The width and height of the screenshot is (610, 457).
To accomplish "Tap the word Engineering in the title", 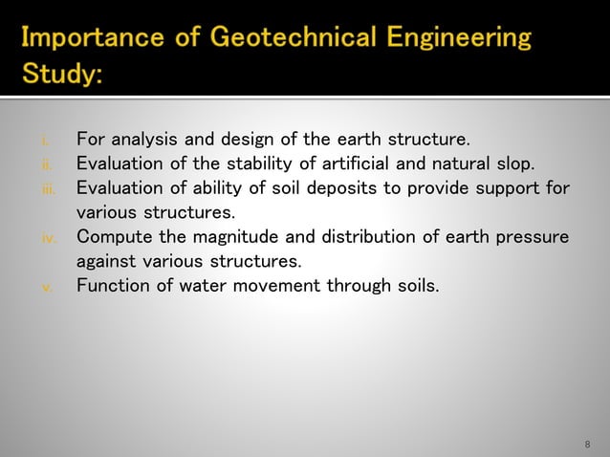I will tap(457, 39).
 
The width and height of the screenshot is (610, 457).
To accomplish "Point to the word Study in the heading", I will tap(62, 73).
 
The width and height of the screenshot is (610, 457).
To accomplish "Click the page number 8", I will tap(586, 445).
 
